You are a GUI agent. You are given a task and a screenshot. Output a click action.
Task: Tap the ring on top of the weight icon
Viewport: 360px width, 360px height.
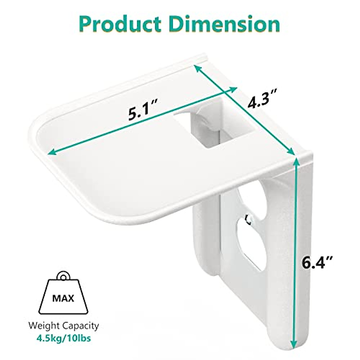64,276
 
